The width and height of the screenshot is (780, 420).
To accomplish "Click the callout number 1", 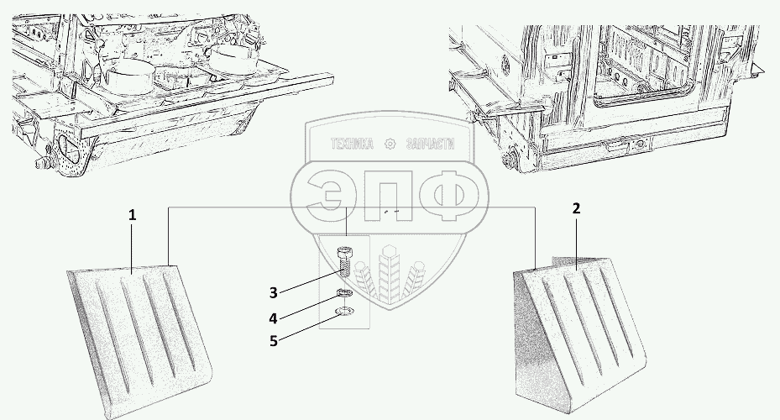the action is tap(132, 216).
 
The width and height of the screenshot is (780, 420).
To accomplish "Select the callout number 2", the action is tap(576, 208).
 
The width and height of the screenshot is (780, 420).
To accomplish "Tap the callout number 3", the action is tap(273, 293).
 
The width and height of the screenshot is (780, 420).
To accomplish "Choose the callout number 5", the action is tap(274, 341).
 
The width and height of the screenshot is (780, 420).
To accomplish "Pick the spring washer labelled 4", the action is tap(344, 292).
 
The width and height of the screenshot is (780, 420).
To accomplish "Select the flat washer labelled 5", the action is tap(344, 312).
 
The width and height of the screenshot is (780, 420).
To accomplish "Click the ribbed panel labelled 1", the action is tap(139, 339).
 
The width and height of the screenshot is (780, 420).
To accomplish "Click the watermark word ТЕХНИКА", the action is tap(352, 144).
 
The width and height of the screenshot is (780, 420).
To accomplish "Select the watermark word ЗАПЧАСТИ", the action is tap(430, 144).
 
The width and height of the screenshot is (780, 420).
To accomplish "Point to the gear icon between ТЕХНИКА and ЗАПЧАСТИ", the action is tap(390, 144).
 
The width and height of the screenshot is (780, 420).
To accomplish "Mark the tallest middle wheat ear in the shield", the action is tap(390, 273).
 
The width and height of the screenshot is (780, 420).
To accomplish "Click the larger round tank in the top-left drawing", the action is tap(128, 78).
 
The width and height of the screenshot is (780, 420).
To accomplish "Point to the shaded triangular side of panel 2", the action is tap(537, 344).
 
